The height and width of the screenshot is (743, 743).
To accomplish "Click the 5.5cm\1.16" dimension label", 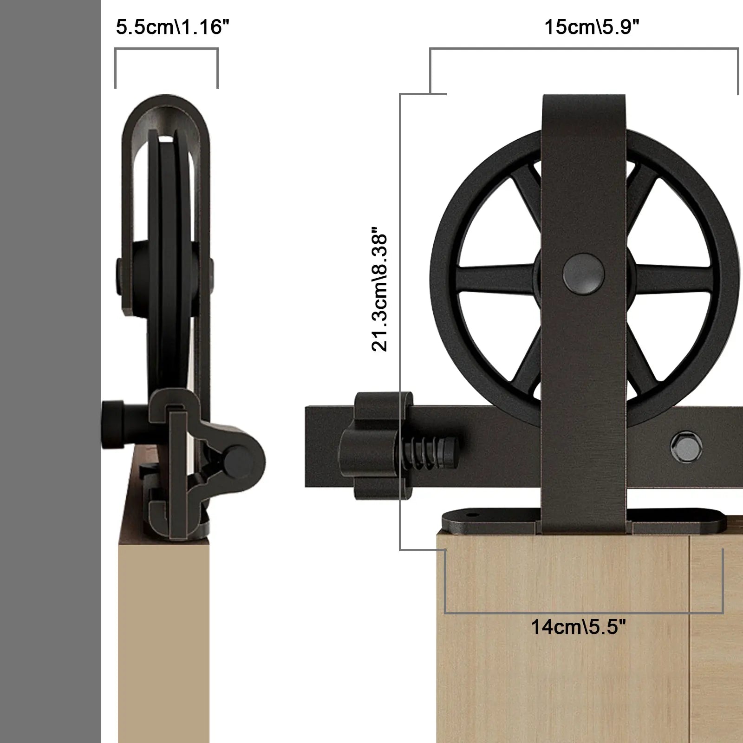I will pyautogui.click(x=172, y=27).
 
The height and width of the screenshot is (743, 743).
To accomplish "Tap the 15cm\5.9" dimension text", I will pyautogui.click(x=592, y=27).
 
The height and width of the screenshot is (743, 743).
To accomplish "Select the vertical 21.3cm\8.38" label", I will pyautogui.click(x=379, y=289).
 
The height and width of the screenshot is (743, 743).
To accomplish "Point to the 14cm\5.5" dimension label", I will pyautogui.click(x=578, y=627).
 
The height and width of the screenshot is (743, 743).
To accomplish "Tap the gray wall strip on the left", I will pyautogui.click(x=50, y=371).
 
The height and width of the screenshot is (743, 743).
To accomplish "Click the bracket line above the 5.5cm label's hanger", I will pyautogui.click(x=166, y=48).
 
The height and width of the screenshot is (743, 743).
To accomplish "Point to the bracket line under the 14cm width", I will pyautogui.click(x=584, y=613).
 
